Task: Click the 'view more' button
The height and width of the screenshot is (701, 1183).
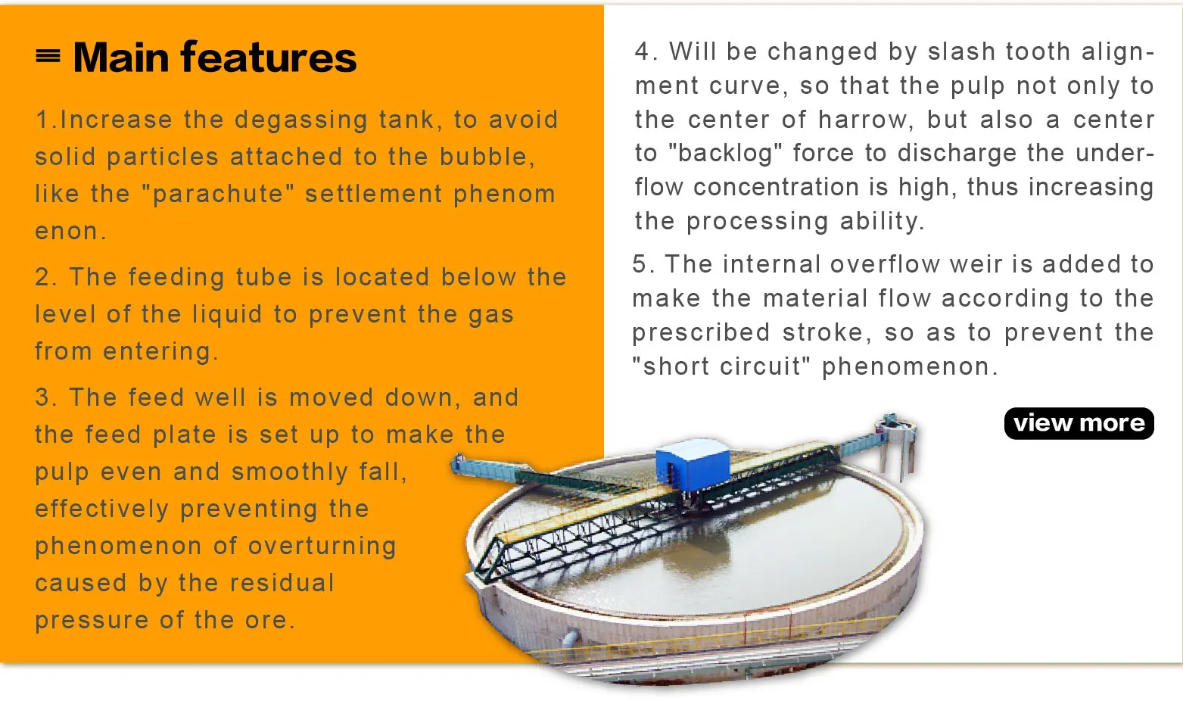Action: coord(1079,423)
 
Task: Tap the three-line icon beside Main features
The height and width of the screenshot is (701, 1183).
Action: coord(48,55)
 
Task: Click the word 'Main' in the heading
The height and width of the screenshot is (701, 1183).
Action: coord(121,57)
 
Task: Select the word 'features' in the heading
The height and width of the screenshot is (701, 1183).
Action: coord(268,56)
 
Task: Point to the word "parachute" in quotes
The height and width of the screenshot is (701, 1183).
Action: coord(217,194)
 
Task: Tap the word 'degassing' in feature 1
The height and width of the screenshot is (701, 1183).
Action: coord(300,120)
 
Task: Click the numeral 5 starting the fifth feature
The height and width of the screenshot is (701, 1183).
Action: coord(640,263)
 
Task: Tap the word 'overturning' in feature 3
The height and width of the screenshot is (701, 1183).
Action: coord(322,547)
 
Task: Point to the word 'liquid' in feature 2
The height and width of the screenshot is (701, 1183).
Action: coord(227,314)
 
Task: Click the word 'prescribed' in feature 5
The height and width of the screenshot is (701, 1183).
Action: coord(701,333)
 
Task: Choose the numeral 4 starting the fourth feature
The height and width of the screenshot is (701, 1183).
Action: coord(642,51)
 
